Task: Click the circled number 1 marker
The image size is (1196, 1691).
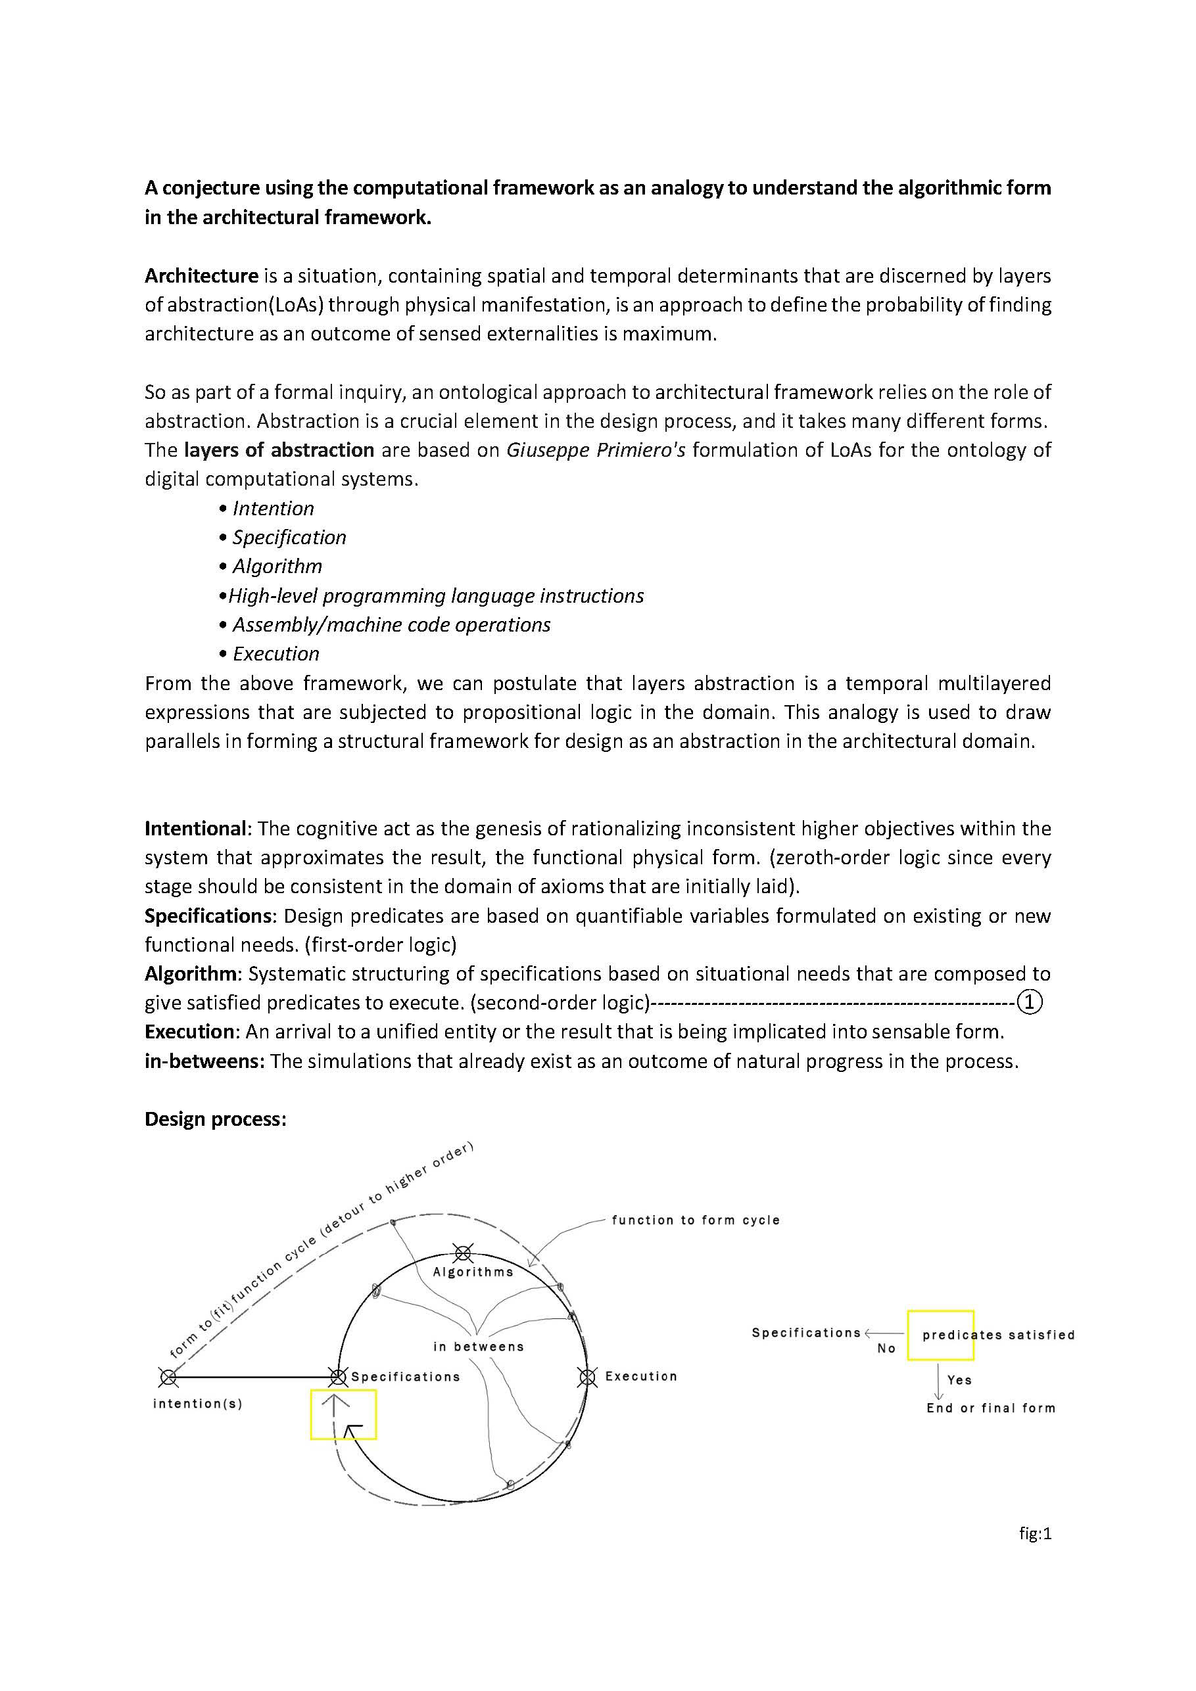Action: pos(1030,1002)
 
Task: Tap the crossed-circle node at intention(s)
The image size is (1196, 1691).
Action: pos(169,1376)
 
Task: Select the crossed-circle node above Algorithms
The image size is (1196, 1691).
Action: pos(463,1252)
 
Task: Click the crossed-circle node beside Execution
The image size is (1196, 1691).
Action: pos(586,1376)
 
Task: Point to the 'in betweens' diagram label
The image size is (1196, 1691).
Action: pos(478,1347)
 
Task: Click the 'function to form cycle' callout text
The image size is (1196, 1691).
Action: pos(696,1220)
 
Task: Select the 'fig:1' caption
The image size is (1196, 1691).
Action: pos(1036,1533)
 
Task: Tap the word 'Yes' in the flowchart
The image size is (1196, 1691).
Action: pos(959,1380)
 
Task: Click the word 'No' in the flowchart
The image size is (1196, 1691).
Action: pos(886,1349)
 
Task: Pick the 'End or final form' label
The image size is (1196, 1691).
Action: pos(991,1408)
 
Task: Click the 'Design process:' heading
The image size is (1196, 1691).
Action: pos(215,1119)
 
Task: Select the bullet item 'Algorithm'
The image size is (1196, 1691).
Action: pos(277,567)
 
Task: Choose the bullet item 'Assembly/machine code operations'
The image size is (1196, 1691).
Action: pos(391,624)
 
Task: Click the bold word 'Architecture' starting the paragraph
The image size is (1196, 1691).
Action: pos(201,276)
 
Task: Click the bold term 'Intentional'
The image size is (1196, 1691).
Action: pos(195,829)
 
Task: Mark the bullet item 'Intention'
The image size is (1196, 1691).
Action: pos(274,508)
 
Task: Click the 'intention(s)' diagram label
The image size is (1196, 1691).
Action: pos(197,1404)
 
